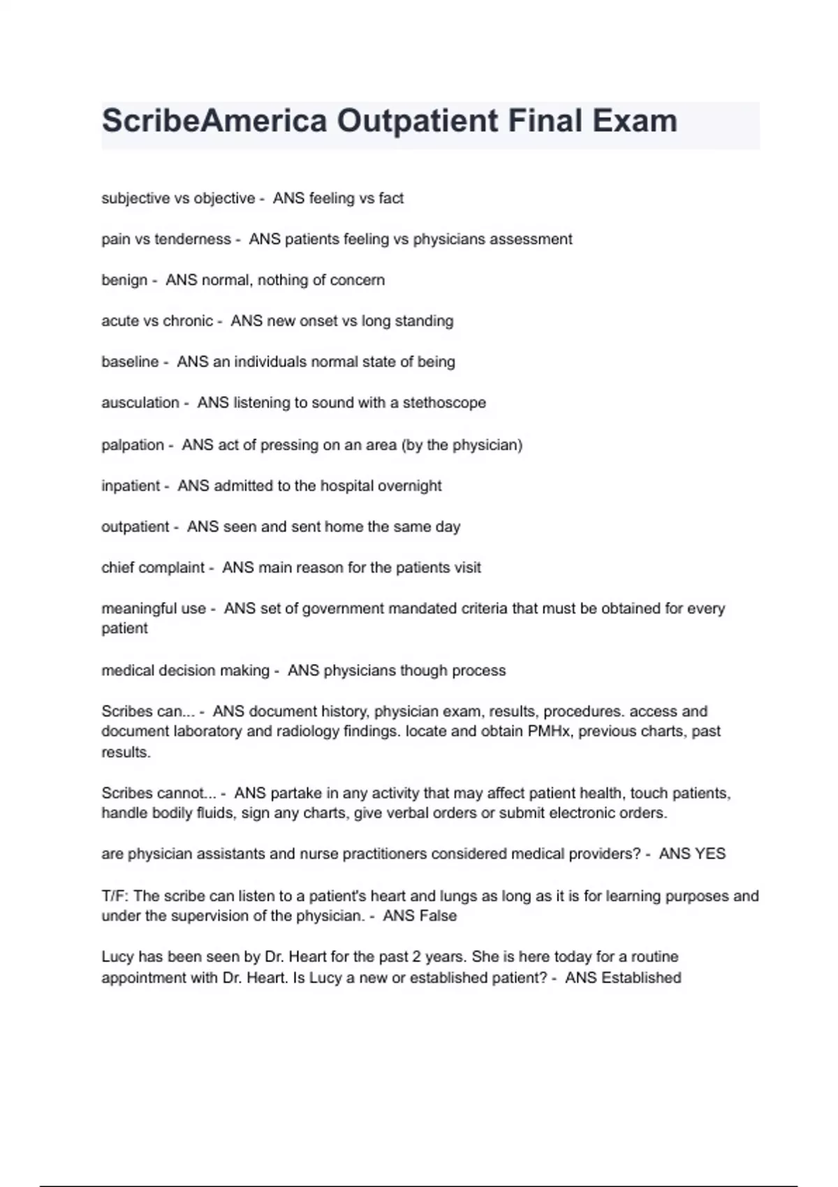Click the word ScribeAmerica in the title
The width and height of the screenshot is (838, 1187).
click(x=214, y=121)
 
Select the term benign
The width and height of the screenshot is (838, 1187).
click(x=124, y=280)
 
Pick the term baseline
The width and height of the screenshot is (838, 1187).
click(x=130, y=362)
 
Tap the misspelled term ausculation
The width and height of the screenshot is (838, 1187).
click(x=140, y=403)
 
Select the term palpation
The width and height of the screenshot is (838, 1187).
click(x=133, y=445)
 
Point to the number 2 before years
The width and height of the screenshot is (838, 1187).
click(x=416, y=957)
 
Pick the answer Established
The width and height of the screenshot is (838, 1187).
click(x=641, y=978)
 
